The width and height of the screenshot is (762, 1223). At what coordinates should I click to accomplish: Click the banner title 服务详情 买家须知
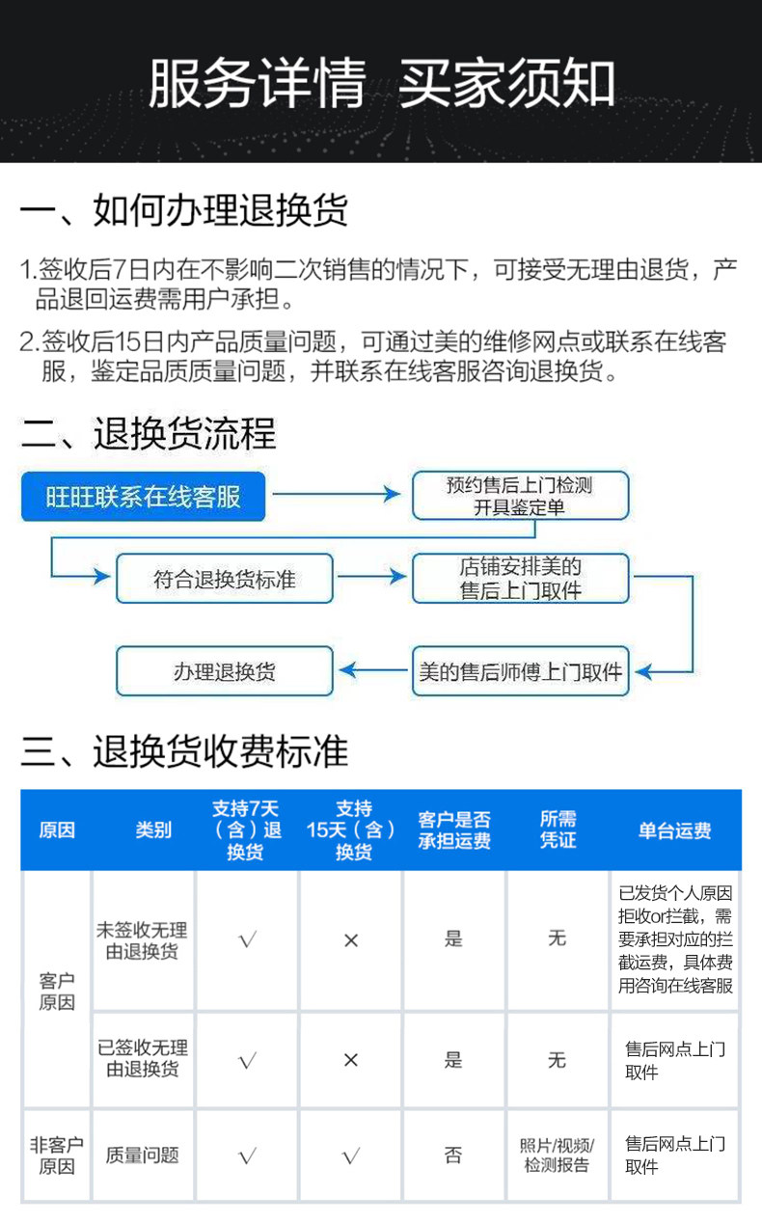[382, 85]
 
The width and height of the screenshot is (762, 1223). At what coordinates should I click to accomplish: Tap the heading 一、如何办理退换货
[184, 210]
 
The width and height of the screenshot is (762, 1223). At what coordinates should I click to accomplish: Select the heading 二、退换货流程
[149, 434]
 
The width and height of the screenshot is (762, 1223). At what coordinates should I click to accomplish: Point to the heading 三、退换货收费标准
[184, 751]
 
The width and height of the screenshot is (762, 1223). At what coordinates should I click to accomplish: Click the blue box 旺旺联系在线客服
[144, 497]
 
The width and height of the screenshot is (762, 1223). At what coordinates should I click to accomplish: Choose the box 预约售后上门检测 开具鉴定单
[520, 497]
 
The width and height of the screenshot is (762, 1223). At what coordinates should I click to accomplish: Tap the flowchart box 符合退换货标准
[225, 579]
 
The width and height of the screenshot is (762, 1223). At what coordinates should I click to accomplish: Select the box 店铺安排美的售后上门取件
[520, 579]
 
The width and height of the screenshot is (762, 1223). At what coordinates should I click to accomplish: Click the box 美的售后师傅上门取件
[520, 671]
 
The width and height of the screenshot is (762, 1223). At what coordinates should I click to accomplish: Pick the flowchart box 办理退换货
[225, 671]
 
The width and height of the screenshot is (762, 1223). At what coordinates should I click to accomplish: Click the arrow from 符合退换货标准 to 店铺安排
[372, 578]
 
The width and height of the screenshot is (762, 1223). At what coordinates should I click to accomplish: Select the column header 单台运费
[674, 830]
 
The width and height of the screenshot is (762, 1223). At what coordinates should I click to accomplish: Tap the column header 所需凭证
[557, 829]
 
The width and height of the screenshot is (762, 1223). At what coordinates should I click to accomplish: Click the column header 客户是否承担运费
[453, 829]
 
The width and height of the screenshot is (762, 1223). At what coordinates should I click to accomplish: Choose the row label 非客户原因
[56, 1155]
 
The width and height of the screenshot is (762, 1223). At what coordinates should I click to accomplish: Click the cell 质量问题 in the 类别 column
[143, 1155]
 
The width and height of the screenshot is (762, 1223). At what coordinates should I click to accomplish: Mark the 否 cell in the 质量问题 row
[453, 1155]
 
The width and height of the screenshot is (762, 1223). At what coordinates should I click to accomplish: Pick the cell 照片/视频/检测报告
[557, 1155]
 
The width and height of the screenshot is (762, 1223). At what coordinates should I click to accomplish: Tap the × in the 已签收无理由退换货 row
[350, 1060]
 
